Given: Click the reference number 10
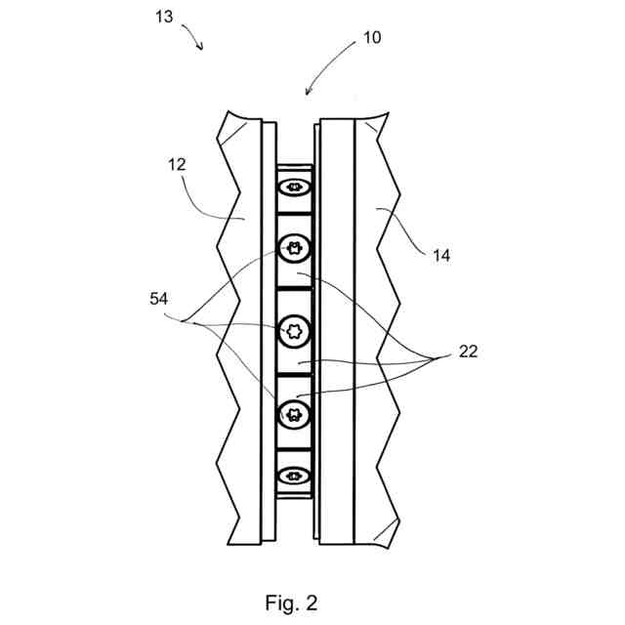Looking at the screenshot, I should (371, 38).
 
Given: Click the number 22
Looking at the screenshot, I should (468, 352).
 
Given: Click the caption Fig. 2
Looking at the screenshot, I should (291, 603).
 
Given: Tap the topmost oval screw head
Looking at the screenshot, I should (294, 183).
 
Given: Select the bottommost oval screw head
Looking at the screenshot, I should (294, 477).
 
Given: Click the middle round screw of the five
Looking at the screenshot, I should (294, 330).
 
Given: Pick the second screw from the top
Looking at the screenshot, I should (294, 249).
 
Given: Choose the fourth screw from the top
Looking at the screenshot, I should (294, 413).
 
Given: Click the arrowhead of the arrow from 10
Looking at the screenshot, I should (307, 94).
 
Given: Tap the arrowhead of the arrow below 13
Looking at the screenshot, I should (202, 49).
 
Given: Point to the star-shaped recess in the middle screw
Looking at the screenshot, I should (294, 330).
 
